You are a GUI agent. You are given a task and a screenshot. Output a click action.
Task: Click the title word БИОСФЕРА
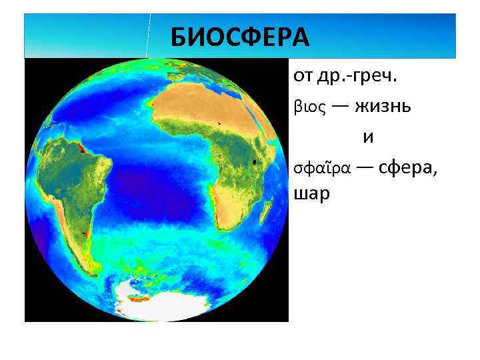click(x=240, y=37)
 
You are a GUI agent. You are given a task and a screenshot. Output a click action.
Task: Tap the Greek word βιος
click(x=309, y=107)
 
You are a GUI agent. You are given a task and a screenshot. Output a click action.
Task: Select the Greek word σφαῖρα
click(x=321, y=169)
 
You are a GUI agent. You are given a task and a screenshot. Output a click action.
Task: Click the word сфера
click(x=409, y=168)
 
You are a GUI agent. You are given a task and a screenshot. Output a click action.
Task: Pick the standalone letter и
click(x=368, y=137)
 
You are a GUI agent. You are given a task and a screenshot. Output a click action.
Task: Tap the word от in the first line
click(x=304, y=77)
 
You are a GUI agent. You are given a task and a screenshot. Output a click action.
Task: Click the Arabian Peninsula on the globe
click(x=279, y=123)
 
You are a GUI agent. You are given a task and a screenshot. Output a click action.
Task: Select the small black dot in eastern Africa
click(x=254, y=161)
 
